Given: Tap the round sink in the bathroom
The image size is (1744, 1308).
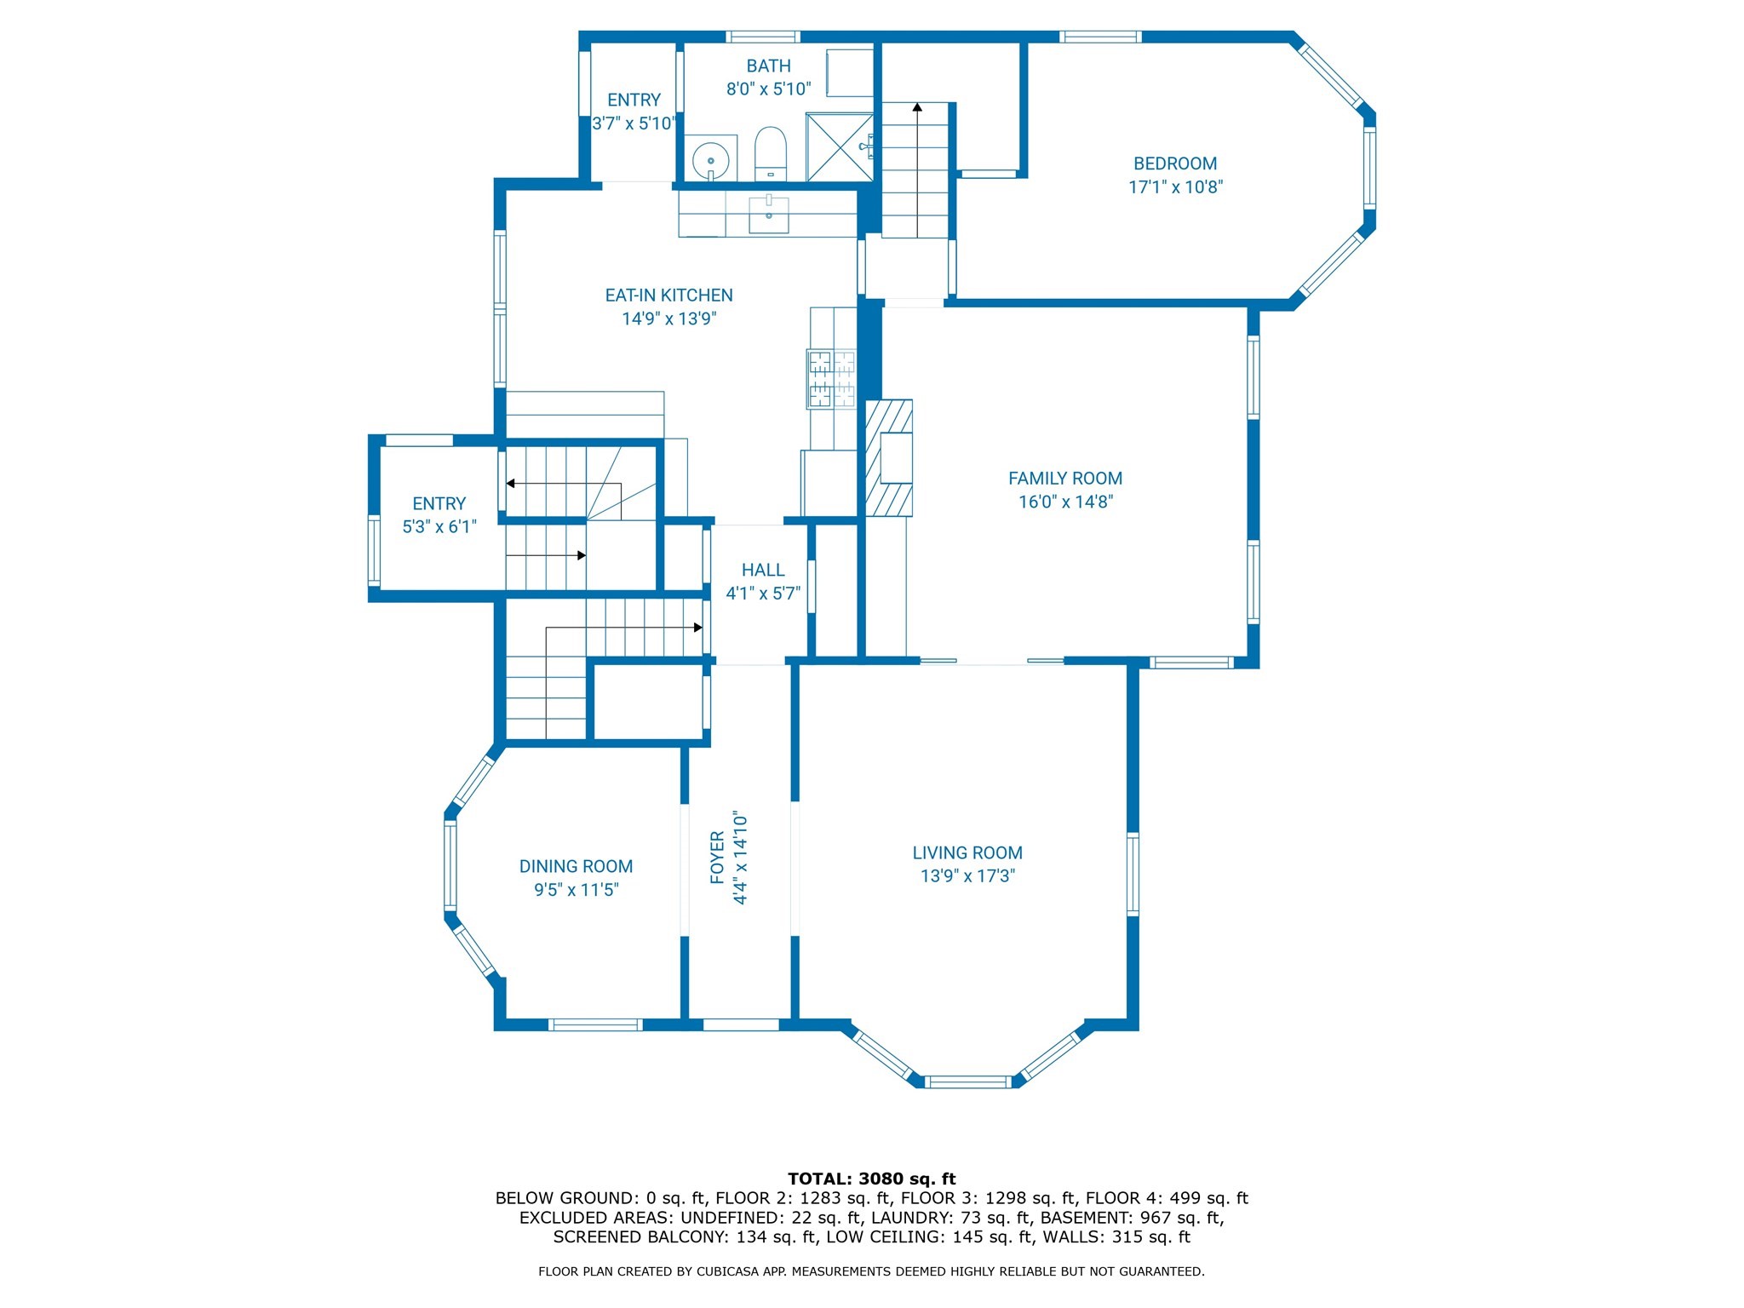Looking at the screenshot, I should click(x=710, y=159).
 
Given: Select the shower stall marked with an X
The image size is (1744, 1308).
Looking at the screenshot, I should click(x=840, y=146).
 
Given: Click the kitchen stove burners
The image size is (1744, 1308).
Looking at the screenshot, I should click(x=831, y=378).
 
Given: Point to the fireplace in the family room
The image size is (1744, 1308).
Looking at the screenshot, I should click(x=890, y=458).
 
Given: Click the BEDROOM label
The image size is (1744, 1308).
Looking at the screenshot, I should click(x=1175, y=163).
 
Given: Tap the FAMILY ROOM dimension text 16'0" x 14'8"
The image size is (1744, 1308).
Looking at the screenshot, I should click(x=1065, y=502).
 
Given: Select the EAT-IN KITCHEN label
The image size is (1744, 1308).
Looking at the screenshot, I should click(x=668, y=295).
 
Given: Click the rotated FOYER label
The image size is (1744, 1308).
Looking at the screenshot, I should click(x=717, y=858).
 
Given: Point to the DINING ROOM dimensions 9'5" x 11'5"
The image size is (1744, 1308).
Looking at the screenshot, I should click(x=576, y=890).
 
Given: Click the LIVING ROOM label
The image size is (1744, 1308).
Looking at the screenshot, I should click(x=967, y=852).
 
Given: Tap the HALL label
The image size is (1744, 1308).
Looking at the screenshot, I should click(x=762, y=570).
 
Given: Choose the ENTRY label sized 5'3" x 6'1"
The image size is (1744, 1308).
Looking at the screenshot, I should click(x=439, y=503).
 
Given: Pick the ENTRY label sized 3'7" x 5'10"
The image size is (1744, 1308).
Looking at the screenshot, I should click(x=634, y=100).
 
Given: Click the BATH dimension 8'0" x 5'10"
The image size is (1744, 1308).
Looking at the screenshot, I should click(x=768, y=89).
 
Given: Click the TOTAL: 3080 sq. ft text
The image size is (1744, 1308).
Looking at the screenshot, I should click(x=871, y=1179).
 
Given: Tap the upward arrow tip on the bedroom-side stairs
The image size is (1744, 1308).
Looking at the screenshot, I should click(x=917, y=107).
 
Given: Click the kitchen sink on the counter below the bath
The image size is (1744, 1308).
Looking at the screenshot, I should click(x=769, y=213).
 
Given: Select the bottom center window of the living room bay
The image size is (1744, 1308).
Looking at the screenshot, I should click(x=968, y=1081).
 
